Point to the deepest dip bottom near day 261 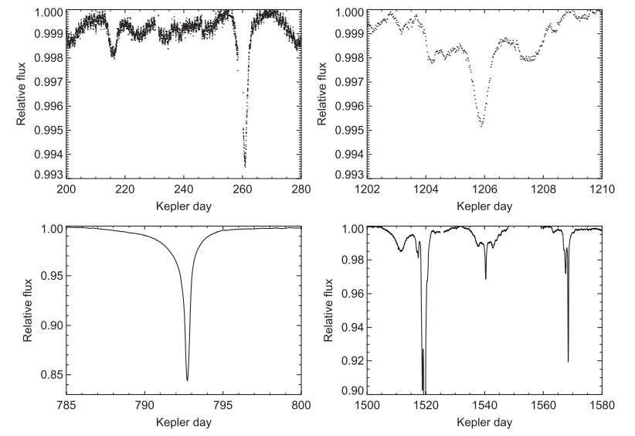(x=245, y=166)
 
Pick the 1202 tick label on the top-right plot (x=367, y=190)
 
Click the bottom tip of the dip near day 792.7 (x=187, y=380)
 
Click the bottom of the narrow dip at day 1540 (x=485, y=278)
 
